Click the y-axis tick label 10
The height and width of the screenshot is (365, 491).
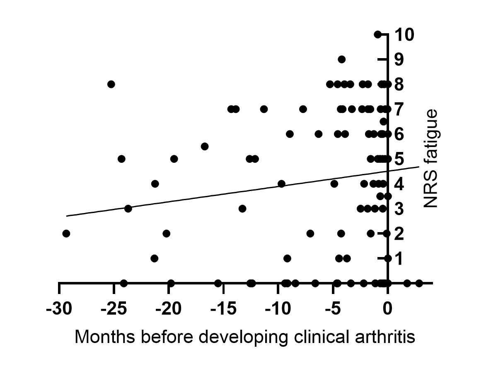tap(404, 35)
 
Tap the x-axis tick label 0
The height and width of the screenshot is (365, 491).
tap(387, 309)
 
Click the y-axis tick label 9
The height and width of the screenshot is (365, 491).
tap(399, 60)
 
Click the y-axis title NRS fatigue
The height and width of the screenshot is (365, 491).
tap(431, 159)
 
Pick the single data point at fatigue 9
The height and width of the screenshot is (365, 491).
tap(341, 59)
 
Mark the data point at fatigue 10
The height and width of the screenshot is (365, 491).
tap(377, 34)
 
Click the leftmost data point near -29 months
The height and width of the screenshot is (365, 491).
tap(66, 233)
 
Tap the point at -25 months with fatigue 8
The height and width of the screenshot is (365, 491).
tap(111, 84)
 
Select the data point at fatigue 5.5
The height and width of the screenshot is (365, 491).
tap(204, 147)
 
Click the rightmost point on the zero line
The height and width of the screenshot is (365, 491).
tap(419, 283)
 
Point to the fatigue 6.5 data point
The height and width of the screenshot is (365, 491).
tap(384, 121)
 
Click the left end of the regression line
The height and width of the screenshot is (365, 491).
tap(67, 216)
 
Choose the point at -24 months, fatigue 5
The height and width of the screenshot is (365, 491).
tap(121, 159)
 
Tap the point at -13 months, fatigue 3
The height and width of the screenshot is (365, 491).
tap(242, 208)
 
